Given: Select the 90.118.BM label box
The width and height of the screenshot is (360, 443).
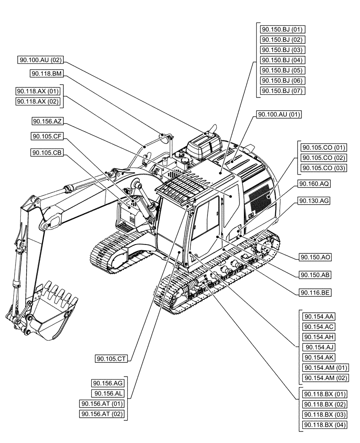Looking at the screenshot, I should (x=46, y=74).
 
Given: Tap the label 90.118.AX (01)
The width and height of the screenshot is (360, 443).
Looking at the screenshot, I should (x=38, y=91).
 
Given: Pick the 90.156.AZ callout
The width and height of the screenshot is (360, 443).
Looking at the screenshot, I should (x=47, y=121).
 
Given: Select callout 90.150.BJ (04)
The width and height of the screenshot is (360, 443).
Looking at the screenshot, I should (x=282, y=60).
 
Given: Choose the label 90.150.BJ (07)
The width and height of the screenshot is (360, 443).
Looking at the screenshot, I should (x=282, y=91).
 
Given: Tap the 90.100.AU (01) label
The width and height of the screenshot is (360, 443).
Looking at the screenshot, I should (x=279, y=115).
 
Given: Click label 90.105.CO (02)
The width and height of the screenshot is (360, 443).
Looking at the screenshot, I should (x=324, y=158).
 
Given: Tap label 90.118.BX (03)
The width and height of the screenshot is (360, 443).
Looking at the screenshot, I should (x=324, y=415).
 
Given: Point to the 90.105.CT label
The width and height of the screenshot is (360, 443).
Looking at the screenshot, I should (x=111, y=359).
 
